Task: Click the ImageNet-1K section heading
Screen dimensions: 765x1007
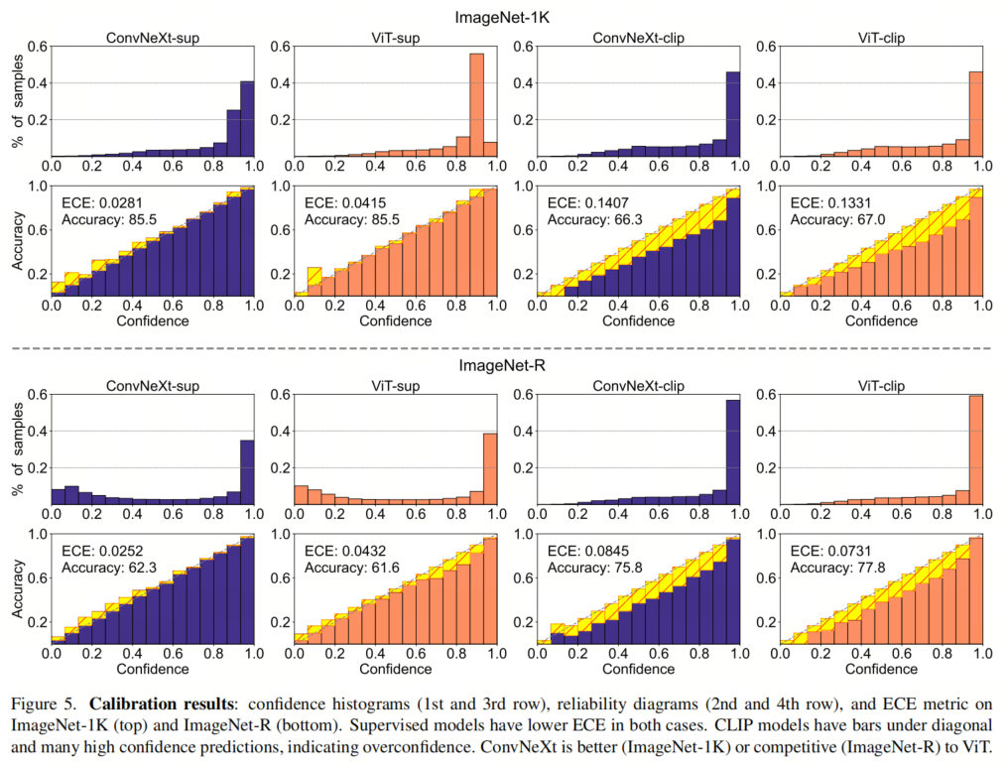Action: click(503, 17)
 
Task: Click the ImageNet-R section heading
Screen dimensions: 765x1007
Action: click(503, 365)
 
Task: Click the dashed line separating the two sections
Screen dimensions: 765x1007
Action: click(503, 347)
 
